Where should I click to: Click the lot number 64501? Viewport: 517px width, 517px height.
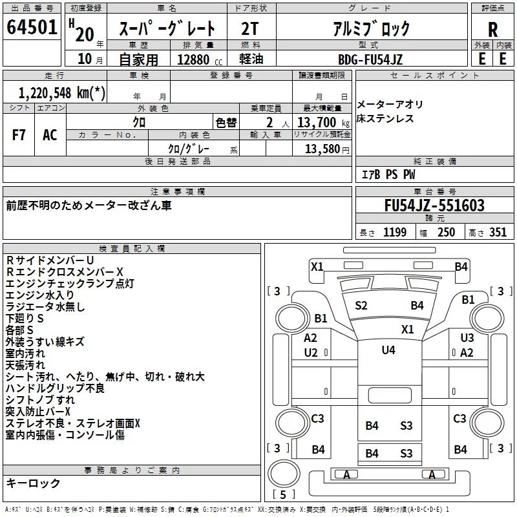tap(32, 27)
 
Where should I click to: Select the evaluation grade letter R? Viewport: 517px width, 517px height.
tap(492, 30)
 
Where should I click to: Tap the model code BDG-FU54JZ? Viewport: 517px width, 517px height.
tap(370, 59)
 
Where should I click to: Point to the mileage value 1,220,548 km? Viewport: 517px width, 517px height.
tap(61, 93)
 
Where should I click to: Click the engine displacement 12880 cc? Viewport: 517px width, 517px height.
tap(200, 59)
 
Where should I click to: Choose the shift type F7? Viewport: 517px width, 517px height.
tap(19, 135)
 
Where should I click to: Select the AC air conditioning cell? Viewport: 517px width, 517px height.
tap(50, 135)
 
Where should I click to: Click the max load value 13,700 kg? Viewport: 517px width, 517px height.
tap(323, 122)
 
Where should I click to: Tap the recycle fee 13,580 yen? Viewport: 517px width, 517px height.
tap(327, 149)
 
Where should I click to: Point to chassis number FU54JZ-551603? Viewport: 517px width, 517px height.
tap(434, 206)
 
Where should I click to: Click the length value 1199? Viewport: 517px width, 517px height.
tap(395, 232)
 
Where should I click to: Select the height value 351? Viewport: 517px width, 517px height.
tap(498, 232)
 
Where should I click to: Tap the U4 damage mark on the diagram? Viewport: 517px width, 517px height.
tap(388, 350)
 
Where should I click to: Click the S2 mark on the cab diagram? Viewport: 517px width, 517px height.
tap(361, 306)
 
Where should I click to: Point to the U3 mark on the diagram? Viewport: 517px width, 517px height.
tap(467, 337)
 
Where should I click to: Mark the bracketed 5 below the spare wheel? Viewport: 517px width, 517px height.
tap(283, 494)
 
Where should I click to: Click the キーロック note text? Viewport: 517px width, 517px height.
tap(33, 483)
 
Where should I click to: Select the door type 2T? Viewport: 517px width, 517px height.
tap(249, 28)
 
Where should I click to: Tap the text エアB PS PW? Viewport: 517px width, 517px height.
tap(388, 174)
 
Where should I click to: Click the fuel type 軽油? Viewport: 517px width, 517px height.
tap(251, 59)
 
